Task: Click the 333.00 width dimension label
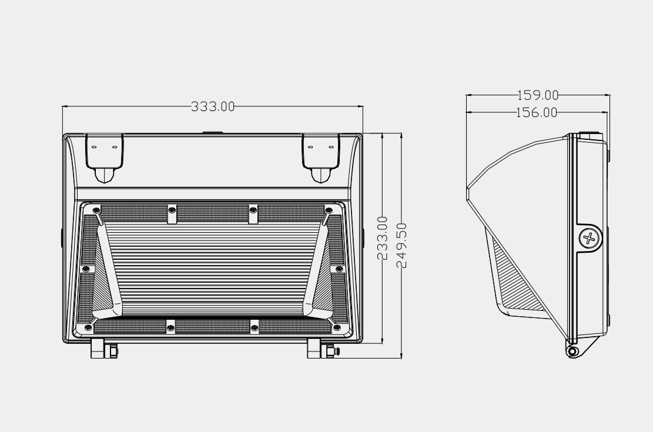click(x=213, y=106)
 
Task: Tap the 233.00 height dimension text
click(x=383, y=238)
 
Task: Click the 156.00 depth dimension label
click(x=537, y=112)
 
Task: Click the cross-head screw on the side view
click(x=588, y=238)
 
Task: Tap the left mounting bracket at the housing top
click(x=105, y=156)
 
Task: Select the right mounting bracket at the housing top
click(x=322, y=156)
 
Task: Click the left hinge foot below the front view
click(x=104, y=349)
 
